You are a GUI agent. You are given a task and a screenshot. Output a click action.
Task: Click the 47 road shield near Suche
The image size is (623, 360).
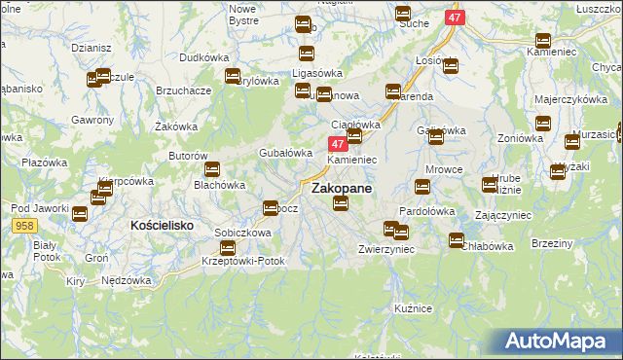(x=456, y=18)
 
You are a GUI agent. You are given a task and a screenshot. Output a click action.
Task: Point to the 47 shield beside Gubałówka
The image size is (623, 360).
(x=327, y=143)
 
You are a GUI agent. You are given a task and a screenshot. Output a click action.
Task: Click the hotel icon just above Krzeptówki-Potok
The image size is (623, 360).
(x=227, y=249)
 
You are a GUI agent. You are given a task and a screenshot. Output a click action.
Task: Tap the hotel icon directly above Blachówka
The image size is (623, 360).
(x=211, y=170)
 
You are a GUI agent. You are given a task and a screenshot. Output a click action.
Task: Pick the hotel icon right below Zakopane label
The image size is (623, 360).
(x=340, y=203)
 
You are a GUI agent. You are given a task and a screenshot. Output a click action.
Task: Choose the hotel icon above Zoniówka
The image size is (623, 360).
(x=542, y=124)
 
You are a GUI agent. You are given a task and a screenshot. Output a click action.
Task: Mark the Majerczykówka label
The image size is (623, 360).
(x=566, y=100)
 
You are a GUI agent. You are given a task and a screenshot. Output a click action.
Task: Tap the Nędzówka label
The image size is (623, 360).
(x=127, y=280)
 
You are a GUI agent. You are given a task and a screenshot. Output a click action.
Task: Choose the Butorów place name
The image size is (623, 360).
(x=188, y=156)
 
